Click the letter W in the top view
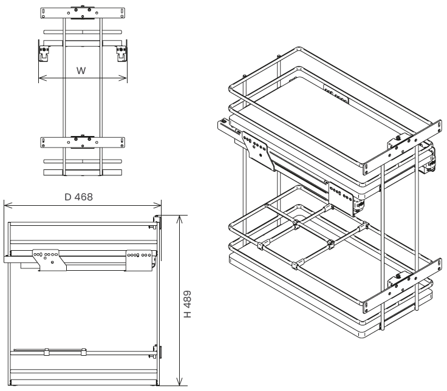(x=81, y=70)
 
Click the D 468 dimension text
(x=79, y=197)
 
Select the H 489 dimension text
(x=187, y=304)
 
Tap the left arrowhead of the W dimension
(x=43, y=78)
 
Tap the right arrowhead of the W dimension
(x=123, y=78)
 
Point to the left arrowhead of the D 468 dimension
(x=9, y=205)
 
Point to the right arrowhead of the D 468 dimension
(x=157, y=205)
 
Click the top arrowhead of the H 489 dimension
(x=179, y=220)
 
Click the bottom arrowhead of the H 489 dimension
(x=179, y=381)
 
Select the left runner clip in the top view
(x=44, y=53)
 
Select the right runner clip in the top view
(x=121, y=53)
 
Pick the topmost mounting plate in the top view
(x=83, y=13)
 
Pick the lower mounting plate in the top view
(x=83, y=143)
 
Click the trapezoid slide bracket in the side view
(x=49, y=260)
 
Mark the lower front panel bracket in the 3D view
(x=403, y=285)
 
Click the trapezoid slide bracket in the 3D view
(x=259, y=151)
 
